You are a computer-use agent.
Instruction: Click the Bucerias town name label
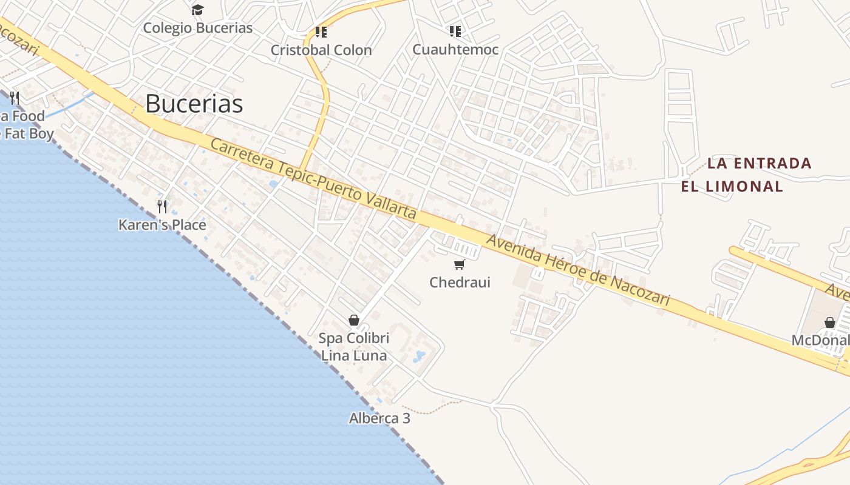(194, 104)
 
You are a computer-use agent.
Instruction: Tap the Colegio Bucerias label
(197, 28)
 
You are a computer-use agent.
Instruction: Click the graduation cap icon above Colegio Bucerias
(197, 10)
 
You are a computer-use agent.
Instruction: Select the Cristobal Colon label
(321, 50)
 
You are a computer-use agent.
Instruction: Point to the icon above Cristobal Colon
(321, 32)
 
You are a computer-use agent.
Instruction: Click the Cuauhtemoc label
(455, 50)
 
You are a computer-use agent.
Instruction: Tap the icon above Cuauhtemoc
(455, 32)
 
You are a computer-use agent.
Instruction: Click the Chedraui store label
(460, 283)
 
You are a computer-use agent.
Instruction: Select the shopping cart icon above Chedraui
(460, 264)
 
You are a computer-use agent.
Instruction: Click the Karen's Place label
(162, 225)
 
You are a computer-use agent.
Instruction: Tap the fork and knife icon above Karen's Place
(162, 207)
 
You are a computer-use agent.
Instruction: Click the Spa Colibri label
(354, 338)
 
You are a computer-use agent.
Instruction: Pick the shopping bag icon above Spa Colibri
(354, 320)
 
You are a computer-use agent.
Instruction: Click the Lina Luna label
(354, 355)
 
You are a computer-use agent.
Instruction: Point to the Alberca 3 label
(379, 418)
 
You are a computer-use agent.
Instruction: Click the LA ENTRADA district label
(760, 163)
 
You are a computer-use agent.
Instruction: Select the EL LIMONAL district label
(732, 186)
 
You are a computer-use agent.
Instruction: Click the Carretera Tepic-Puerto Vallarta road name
(313, 179)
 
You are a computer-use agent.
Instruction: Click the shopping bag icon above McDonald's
(830, 323)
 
